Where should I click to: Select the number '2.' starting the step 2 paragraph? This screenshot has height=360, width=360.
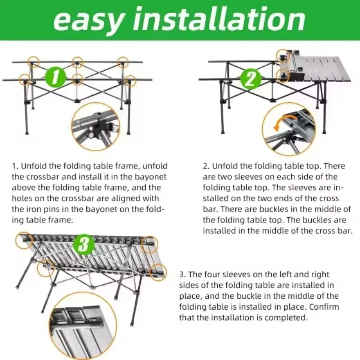207,166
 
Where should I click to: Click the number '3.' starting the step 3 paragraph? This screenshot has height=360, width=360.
183,274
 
